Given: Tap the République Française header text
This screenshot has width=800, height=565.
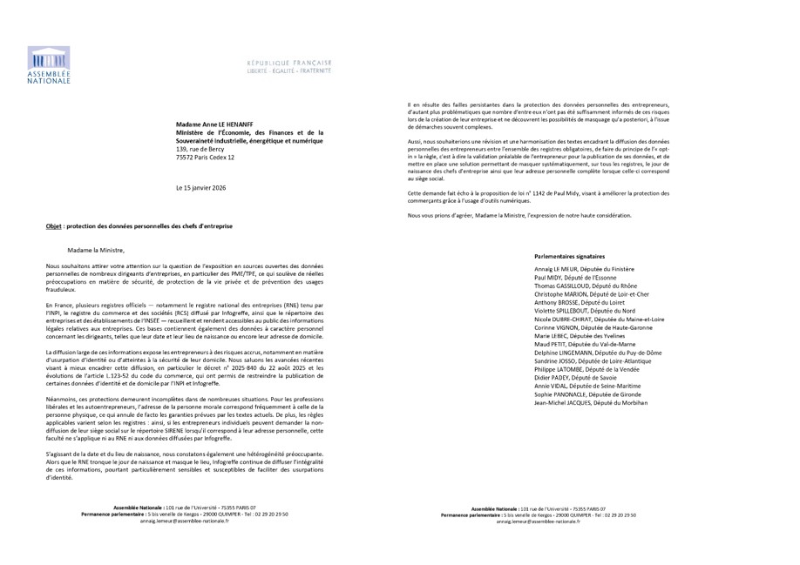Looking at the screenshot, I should click(x=288, y=64).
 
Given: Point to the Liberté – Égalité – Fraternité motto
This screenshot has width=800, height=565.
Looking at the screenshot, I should click(x=288, y=71).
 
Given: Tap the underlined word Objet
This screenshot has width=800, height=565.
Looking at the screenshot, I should click(x=53, y=225).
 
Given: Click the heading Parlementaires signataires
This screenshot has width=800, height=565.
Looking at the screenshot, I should click(x=573, y=257).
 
